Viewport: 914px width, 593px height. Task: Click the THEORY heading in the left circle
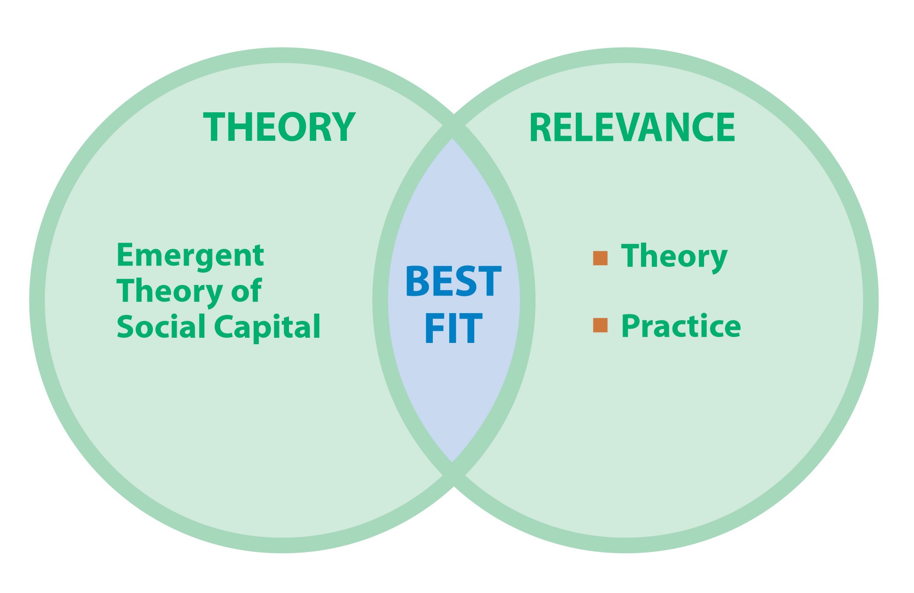pos(279,127)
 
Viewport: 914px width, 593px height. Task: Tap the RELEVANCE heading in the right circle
pos(632,127)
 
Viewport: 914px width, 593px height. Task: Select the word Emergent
pos(190,255)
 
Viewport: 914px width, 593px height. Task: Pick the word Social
pos(161,327)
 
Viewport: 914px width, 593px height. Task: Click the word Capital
pos(267,327)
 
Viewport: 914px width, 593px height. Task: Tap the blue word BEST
pos(453,282)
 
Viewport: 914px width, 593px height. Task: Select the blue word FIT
pos(453,328)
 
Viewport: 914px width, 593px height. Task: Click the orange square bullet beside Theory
pos(600,258)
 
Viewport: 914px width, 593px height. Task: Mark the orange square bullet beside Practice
pos(600,325)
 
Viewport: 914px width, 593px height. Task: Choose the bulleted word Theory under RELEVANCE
pos(674,257)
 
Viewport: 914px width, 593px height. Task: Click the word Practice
pos(681,326)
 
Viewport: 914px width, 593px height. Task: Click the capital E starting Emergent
pos(125,255)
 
